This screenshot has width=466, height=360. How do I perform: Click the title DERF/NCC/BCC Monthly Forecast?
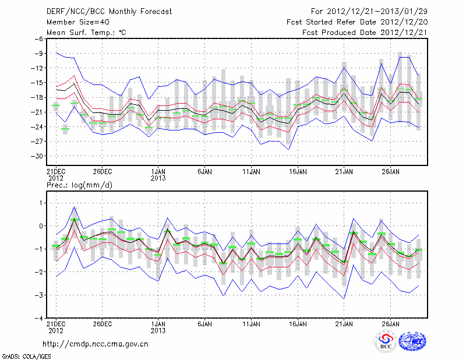(x=110, y=12)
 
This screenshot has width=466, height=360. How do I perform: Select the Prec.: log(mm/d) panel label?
(x=79, y=185)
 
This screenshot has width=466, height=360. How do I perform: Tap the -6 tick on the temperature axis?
(x=37, y=39)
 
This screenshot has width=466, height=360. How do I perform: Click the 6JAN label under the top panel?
(x=204, y=172)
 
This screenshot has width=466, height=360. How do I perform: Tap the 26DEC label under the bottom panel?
(x=102, y=323)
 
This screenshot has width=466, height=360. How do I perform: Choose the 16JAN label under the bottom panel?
(x=298, y=323)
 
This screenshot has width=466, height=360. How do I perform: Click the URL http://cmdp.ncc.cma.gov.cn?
(x=96, y=344)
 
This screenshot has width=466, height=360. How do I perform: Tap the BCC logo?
(x=386, y=341)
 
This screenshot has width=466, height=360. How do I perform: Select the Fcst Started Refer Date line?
(x=358, y=22)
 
